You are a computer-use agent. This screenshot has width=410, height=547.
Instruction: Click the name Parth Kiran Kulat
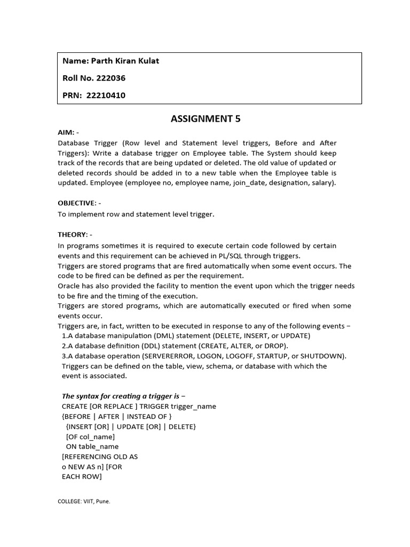125,61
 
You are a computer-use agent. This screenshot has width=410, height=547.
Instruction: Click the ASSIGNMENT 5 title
206,119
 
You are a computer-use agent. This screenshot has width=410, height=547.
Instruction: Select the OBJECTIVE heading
77,203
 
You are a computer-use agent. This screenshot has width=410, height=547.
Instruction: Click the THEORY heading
72,235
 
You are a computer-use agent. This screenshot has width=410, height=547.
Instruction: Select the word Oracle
69,286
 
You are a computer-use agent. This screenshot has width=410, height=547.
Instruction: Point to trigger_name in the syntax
191,407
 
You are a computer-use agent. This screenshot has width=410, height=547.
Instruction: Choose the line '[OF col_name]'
90,436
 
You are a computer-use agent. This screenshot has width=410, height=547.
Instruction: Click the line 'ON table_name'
92,447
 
